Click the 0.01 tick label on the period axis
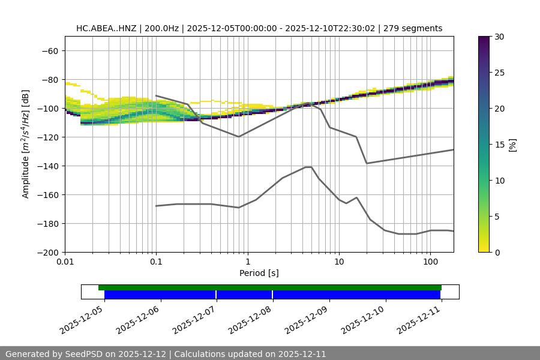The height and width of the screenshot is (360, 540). click(65, 262)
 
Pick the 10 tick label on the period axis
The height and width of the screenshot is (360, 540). click(339, 262)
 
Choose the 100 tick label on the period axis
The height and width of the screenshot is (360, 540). click(430, 262)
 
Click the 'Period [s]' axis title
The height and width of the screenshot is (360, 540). click(259, 274)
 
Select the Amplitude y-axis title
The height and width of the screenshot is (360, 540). click(26, 144)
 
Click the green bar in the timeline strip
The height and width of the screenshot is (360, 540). click(270, 287)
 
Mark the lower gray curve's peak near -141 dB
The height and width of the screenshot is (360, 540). click(308, 167)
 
